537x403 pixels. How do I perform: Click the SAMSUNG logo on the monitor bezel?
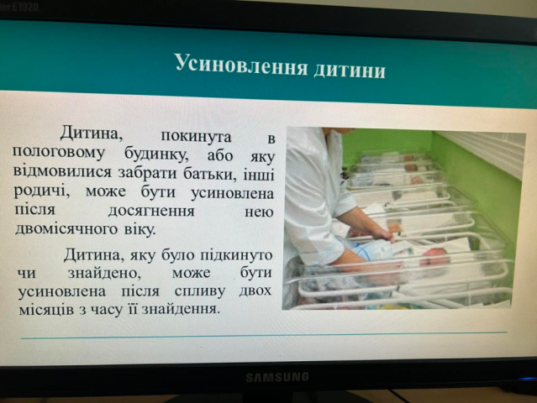point(277,377)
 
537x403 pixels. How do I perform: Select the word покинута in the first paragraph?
point(197,136)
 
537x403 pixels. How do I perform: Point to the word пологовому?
point(59,153)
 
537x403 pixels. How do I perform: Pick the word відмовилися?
point(63,171)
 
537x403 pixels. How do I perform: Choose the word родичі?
point(42,191)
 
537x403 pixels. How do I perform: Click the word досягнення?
point(151,211)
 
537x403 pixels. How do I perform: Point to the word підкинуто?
point(236,256)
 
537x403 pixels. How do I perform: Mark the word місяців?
point(46,309)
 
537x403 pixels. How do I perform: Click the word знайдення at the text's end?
point(181,310)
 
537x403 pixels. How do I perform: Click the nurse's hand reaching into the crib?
point(385,233)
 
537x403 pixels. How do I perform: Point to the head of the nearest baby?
point(434,258)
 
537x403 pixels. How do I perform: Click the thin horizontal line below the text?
point(264,335)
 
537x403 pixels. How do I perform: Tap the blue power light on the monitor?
point(529,379)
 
